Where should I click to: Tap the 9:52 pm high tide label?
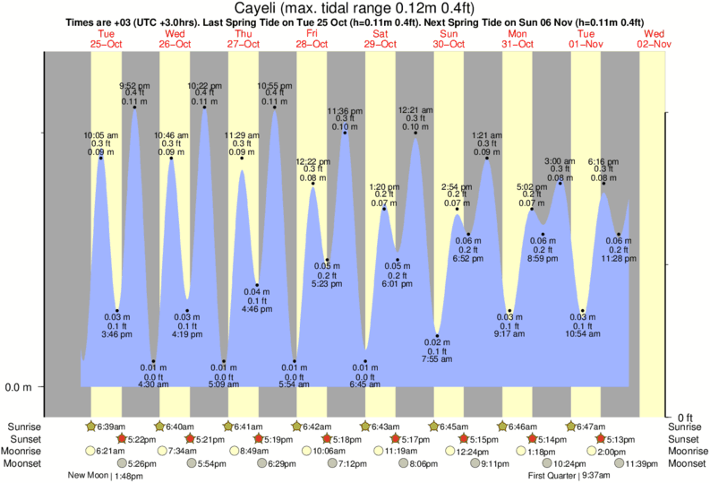pos(134,86)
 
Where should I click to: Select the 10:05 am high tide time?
pos(100,135)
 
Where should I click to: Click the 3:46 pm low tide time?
pos(116,334)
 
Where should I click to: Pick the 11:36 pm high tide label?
pos(344,110)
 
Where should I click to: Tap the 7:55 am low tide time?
pos(438,359)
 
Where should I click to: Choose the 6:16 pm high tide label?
pos(603,161)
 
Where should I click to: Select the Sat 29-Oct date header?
pos(382,39)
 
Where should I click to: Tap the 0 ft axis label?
pos(686,418)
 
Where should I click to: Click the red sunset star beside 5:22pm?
pos(121,439)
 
